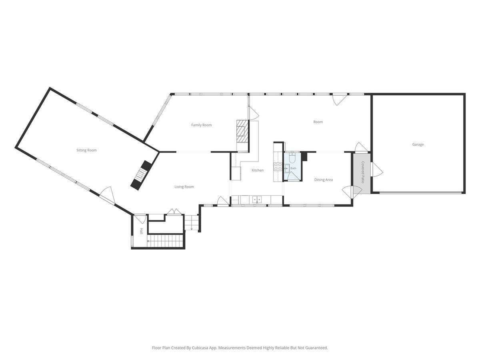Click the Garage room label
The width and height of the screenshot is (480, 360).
pyautogui.click(x=418, y=144)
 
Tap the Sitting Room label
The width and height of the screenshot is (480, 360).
pyautogui.click(x=86, y=150)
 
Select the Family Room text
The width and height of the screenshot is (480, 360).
pyautogui.click(x=201, y=125)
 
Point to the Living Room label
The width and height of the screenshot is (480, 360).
pyautogui.click(x=184, y=187)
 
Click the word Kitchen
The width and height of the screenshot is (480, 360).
pyautogui.click(x=257, y=170)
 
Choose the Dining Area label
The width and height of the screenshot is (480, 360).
pyautogui.click(x=324, y=180)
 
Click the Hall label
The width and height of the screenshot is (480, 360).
pyautogui.click(x=141, y=231)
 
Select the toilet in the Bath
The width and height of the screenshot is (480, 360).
pyautogui.click(x=292, y=158)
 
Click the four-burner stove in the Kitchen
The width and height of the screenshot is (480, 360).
pyautogui.click(x=278, y=167)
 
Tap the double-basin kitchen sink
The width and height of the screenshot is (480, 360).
pyautogui.click(x=257, y=199)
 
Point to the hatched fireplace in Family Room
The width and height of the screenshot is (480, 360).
pyautogui.click(x=242, y=134)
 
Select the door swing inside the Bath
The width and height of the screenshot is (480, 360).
pyautogui.click(x=291, y=176)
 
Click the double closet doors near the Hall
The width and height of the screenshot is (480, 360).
pyautogui.click(x=174, y=212)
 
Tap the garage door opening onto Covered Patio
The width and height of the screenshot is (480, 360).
pyautogui.click(x=377, y=170)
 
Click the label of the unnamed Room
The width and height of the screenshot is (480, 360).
pyautogui.click(x=318, y=122)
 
